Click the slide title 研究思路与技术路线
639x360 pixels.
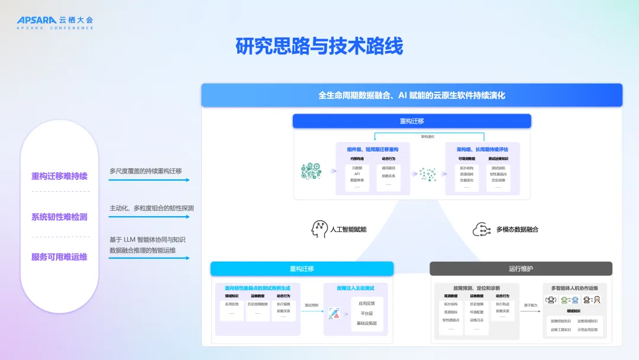click(x=319, y=46)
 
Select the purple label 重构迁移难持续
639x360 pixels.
click(x=59, y=176)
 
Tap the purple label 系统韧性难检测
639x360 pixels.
click(x=59, y=217)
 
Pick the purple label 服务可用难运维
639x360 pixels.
click(x=59, y=256)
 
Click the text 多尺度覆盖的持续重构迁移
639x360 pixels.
click(x=146, y=171)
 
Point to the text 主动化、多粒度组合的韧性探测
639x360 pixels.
click(x=151, y=208)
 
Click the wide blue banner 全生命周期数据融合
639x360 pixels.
click(x=412, y=95)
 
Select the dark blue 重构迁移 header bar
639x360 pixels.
click(x=412, y=121)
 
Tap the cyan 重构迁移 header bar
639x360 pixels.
click(x=302, y=269)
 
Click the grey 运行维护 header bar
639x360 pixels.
click(x=521, y=269)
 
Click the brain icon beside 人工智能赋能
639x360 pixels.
click(x=319, y=229)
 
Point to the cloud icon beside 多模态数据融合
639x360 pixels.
click(x=480, y=229)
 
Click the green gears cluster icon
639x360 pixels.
click(x=311, y=171)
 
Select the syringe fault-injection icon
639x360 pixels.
click(x=334, y=314)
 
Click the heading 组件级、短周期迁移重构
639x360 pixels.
click(x=373, y=150)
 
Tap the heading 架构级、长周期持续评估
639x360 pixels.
click(x=482, y=150)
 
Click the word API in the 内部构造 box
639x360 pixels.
click(x=357, y=174)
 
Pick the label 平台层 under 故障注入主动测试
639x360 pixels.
click(x=366, y=313)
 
